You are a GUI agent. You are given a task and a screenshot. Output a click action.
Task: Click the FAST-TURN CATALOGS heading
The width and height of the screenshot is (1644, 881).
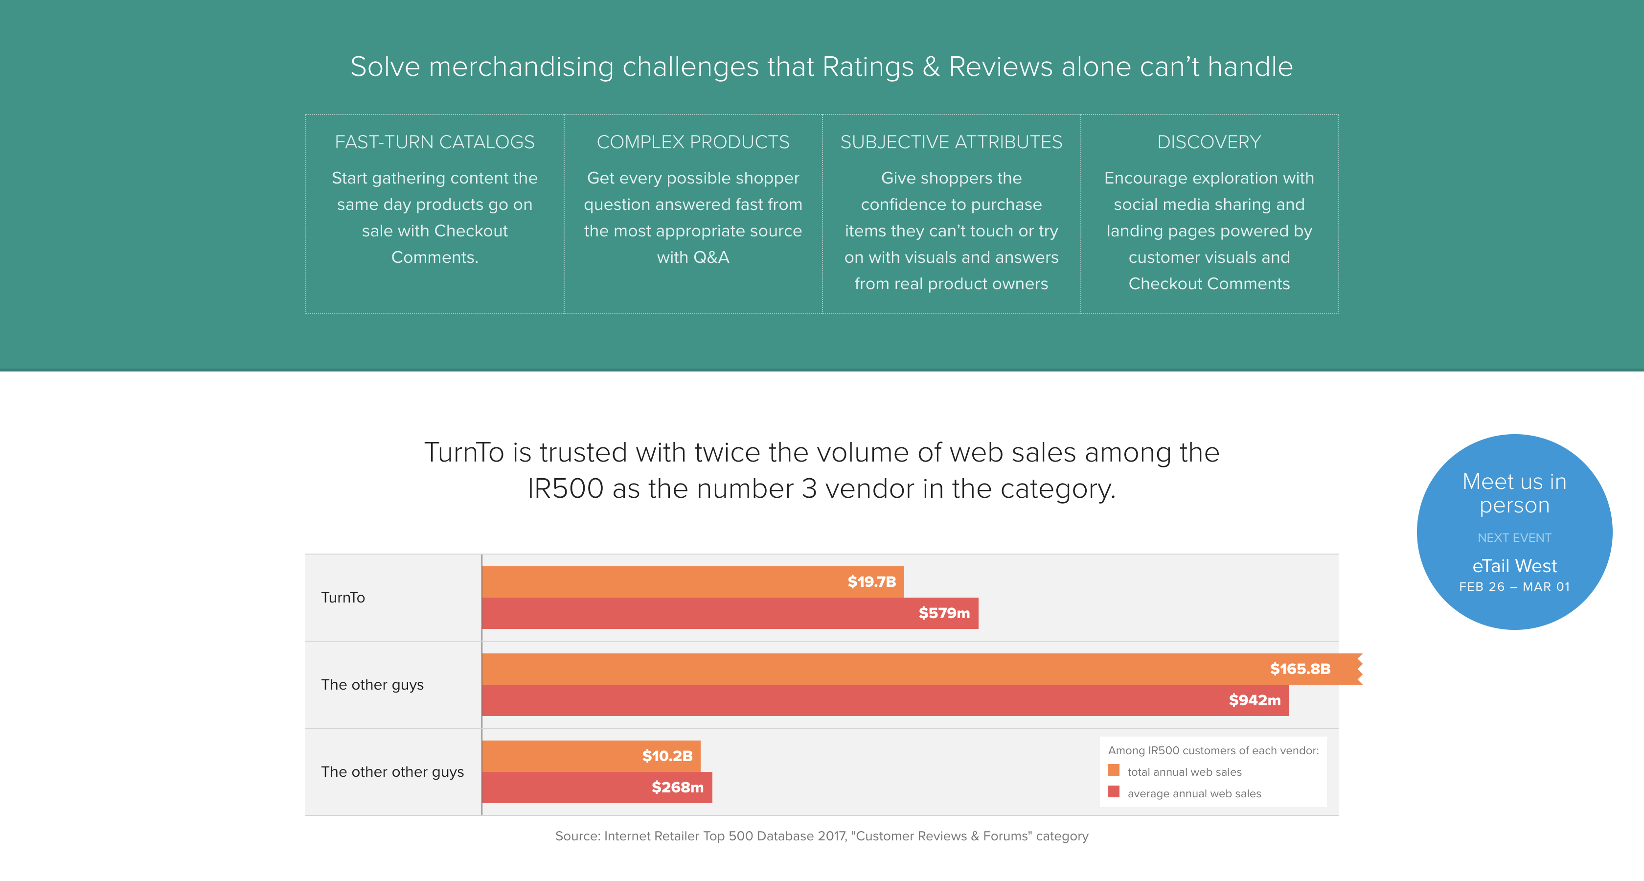point(434,142)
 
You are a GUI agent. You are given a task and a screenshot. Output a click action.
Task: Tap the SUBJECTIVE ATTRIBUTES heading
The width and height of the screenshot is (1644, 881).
point(951,142)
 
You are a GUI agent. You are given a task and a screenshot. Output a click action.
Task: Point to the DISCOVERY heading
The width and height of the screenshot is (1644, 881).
point(1209,142)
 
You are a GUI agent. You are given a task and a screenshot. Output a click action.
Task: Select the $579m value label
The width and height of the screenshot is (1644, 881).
point(944,613)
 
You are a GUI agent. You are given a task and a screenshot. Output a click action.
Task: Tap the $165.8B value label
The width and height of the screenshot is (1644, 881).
point(1300,669)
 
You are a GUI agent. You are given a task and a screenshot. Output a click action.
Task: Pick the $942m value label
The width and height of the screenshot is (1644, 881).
point(1254,700)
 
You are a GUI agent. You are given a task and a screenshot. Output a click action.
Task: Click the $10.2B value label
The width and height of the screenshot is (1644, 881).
point(667,756)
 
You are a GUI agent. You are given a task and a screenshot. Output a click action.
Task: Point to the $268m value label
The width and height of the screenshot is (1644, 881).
point(677,787)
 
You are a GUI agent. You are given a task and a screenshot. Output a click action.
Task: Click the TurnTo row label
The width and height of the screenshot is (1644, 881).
point(342,598)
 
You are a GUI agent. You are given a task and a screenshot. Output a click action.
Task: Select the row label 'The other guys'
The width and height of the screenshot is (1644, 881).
point(372,684)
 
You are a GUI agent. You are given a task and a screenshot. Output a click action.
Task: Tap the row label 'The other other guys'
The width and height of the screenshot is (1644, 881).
point(392,772)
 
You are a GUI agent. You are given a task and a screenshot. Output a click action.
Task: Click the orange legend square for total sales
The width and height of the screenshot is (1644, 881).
point(1114,770)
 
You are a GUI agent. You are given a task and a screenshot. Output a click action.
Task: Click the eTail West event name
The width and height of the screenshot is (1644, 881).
point(1514,566)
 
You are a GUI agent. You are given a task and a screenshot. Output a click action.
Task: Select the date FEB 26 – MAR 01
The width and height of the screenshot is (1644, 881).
point(1514,587)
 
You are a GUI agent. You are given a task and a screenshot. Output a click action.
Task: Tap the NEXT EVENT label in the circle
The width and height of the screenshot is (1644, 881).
point(1514,537)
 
